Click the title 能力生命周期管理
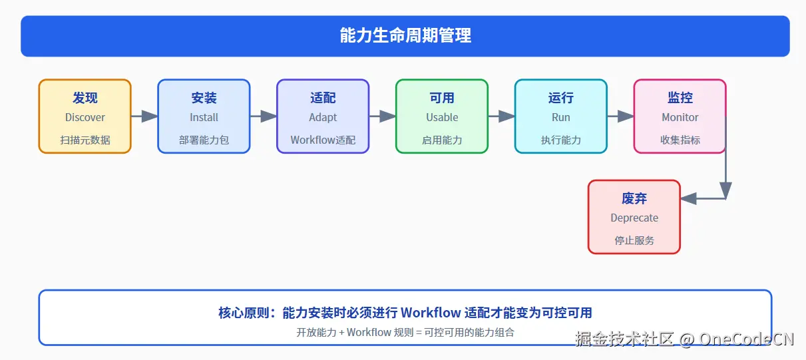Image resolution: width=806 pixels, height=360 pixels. [405, 36]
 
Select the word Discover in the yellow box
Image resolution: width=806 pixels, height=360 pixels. [85, 117]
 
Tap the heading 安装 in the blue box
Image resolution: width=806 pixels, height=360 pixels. [204, 98]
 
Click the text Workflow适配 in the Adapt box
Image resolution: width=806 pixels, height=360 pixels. [323, 140]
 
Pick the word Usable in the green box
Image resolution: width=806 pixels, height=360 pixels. [442, 117]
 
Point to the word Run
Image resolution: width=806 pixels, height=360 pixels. [560, 117]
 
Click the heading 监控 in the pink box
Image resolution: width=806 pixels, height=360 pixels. [680, 98]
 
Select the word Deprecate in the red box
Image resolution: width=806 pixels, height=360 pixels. [634, 218]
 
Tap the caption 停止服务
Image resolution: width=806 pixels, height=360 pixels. [634, 240]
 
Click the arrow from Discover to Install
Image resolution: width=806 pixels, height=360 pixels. [144, 116]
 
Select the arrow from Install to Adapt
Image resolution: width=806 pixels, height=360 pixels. [264, 116]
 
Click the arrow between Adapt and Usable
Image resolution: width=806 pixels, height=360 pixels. [383, 116]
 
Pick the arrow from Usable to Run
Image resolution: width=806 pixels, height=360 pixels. [501, 116]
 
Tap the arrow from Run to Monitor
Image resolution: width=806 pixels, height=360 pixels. [620, 116]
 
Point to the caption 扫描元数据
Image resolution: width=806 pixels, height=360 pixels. [85, 140]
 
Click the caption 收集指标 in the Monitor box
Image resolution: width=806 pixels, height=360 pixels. [680, 140]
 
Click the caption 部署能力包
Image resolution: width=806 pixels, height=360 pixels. [204, 140]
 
